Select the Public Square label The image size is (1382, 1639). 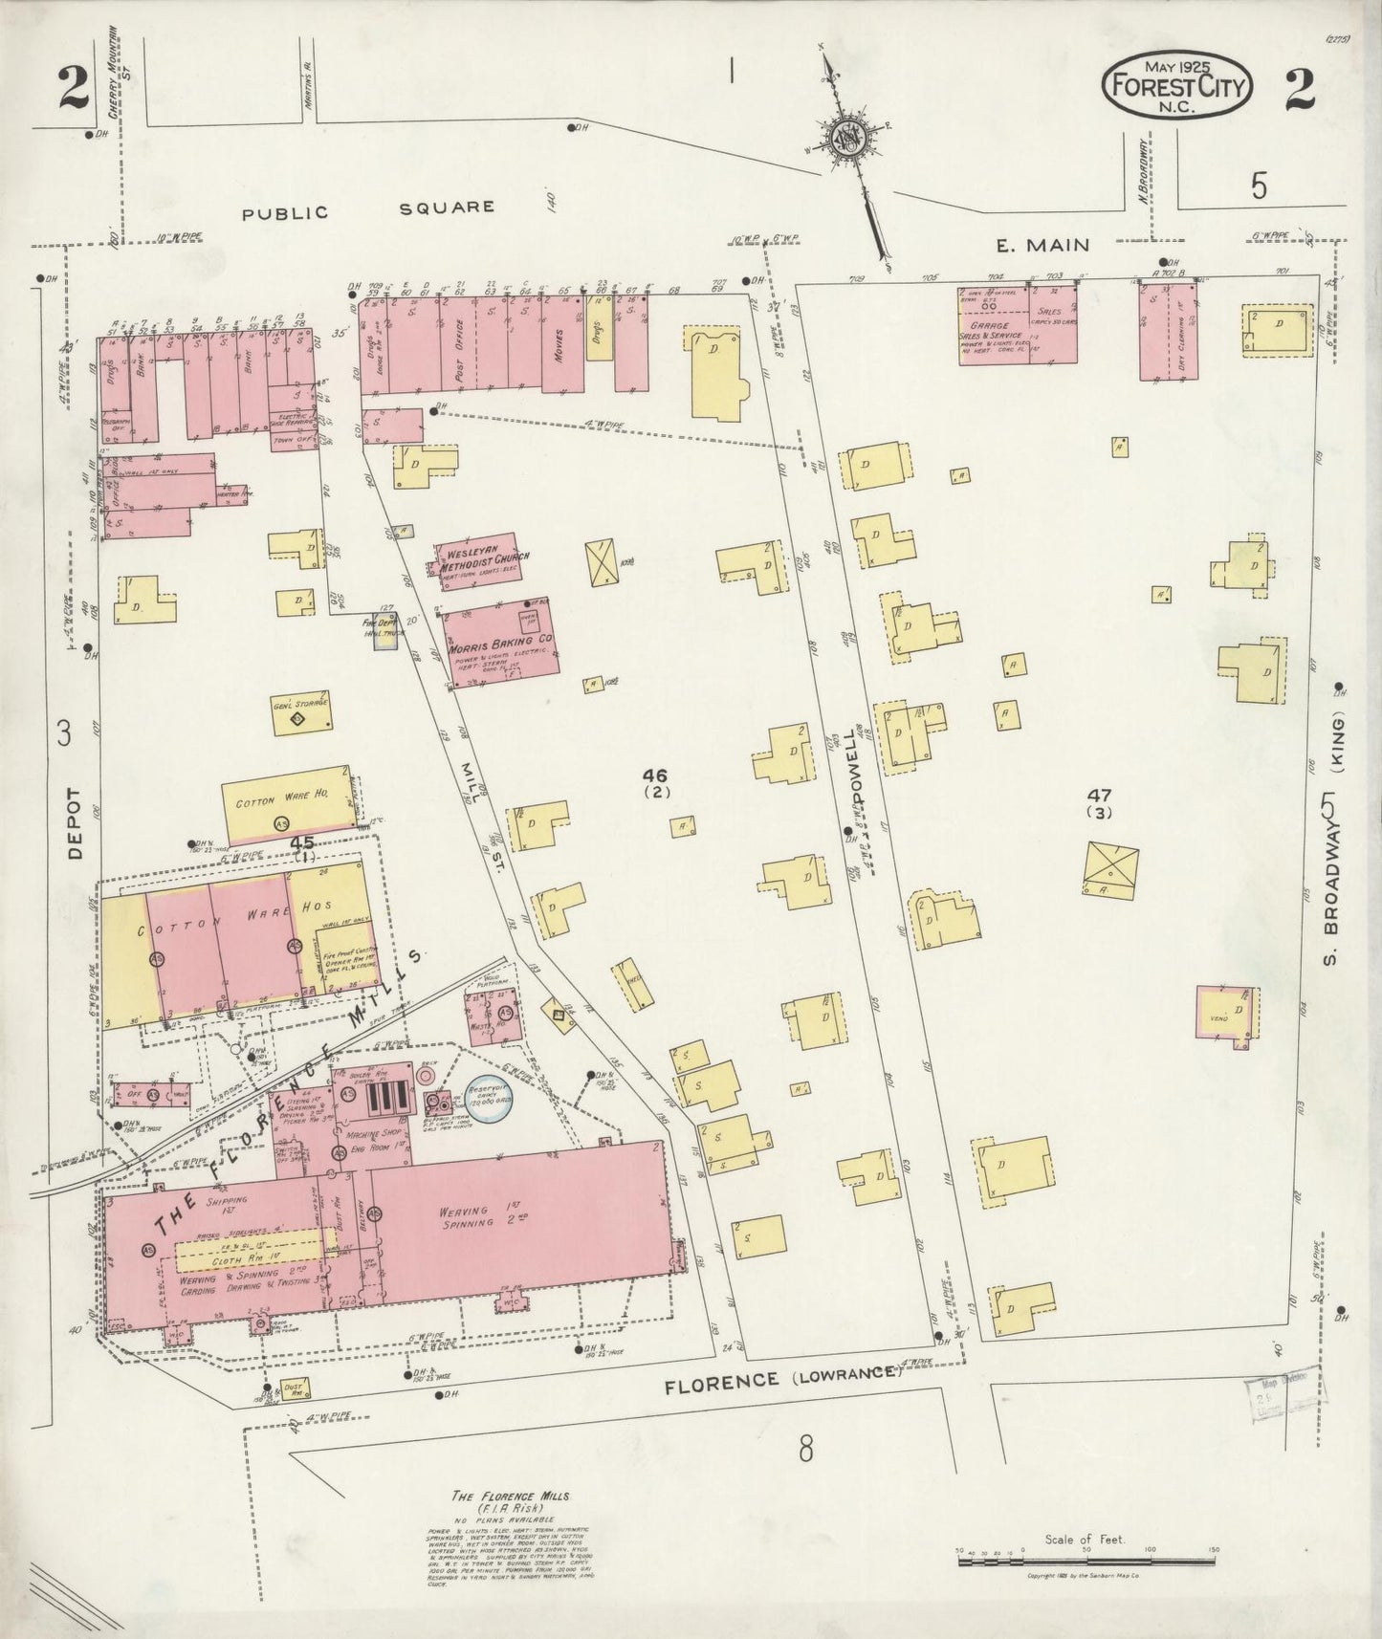[368, 209]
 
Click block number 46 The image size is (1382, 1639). [657, 776]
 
